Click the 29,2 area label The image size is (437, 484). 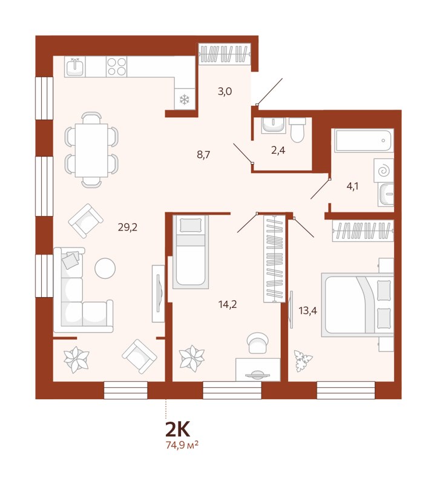pos(127,227)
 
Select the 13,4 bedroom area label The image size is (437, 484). pos(307,311)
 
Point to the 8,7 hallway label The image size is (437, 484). pos(204,154)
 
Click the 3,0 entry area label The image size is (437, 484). pos(225,92)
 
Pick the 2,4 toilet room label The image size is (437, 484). pos(278,151)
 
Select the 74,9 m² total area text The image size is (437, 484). pos(182,446)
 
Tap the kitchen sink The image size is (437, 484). pos(75,66)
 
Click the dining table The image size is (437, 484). pos(91,150)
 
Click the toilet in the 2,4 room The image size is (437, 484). pos(298,129)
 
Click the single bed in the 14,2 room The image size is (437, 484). pos(191,252)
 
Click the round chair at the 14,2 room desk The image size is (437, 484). pos(257,344)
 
